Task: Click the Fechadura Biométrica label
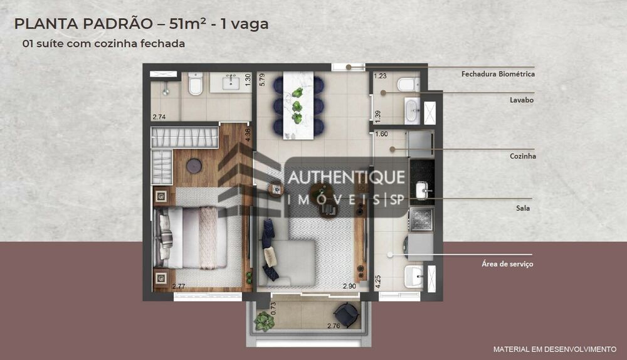pos(498,74)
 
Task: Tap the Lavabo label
pos(521,100)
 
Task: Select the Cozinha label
pos(523,156)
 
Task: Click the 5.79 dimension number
pos(262,80)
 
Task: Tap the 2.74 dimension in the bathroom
pos(159,117)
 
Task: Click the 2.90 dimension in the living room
pos(350,286)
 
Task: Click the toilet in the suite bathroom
pos(196,84)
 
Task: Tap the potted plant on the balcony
pos(265,321)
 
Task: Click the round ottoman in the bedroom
pos(194,166)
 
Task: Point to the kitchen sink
pos(421,189)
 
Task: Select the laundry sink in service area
pos(414,276)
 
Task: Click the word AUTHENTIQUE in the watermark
pos(345,178)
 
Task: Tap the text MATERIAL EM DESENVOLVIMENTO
pos(554,349)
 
